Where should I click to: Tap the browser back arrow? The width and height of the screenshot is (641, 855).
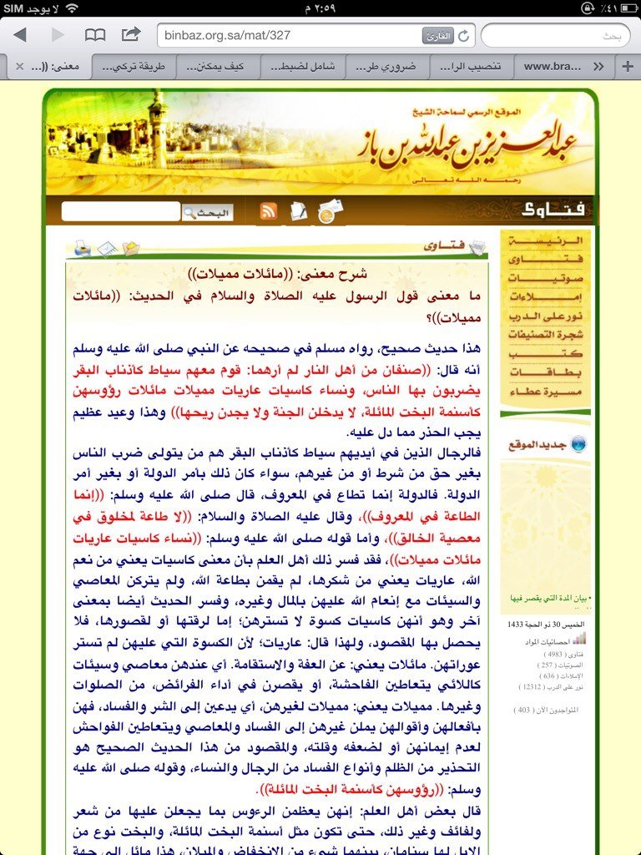pyautogui.click(x=20, y=35)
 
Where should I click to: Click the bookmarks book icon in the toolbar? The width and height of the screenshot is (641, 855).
pyautogui.click(x=95, y=35)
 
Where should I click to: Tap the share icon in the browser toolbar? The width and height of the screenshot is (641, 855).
pyautogui.click(x=131, y=35)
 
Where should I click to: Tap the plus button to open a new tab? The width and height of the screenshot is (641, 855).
pyautogui.click(x=627, y=66)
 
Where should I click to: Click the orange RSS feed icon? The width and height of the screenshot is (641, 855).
pyautogui.click(x=269, y=211)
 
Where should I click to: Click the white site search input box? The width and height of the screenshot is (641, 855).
pyautogui.click(x=120, y=212)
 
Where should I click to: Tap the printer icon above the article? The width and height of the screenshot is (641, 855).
pyautogui.click(x=82, y=248)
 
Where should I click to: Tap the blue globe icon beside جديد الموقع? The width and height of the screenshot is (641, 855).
pyautogui.click(x=579, y=444)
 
